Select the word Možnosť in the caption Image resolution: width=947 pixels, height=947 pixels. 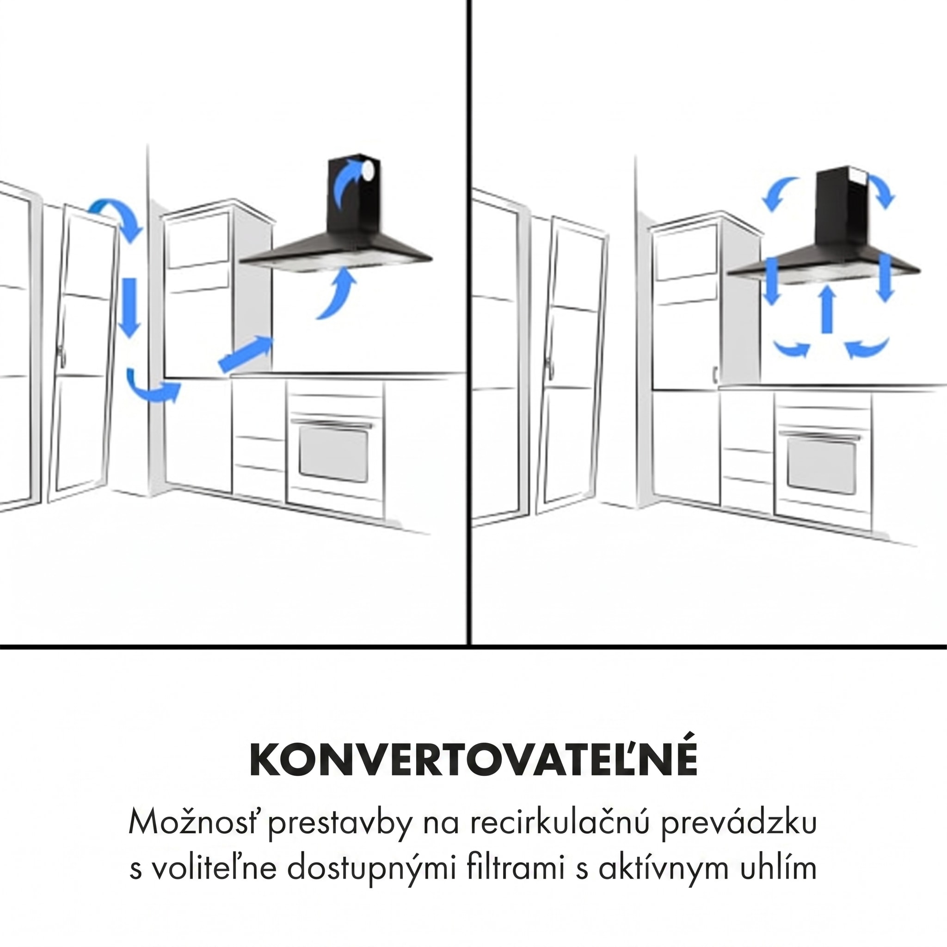click(x=195, y=822)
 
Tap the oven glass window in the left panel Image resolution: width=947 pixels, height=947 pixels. click(x=333, y=454)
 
